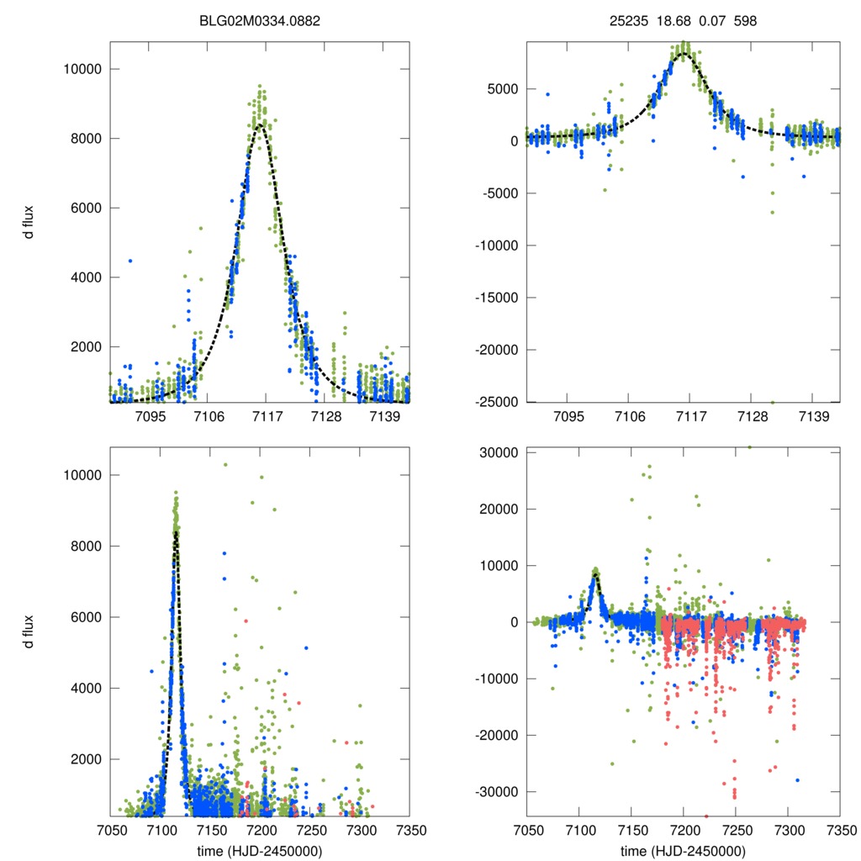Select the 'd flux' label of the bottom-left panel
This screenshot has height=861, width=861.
click(x=29, y=631)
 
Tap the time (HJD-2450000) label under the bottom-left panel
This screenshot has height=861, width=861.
click(x=259, y=851)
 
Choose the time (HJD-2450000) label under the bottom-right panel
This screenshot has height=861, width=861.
click(x=684, y=851)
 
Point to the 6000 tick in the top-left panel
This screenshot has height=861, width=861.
click(x=82, y=208)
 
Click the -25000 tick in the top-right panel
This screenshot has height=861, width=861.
click(x=496, y=402)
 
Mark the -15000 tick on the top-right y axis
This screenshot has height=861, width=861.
click(x=496, y=298)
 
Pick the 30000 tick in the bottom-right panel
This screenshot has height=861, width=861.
click(x=499, y=452)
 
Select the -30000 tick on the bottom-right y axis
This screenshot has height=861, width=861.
click(x=496, y=792)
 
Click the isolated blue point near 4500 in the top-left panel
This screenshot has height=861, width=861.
click(x=130, y=261)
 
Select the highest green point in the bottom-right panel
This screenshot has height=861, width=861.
click(x=749, y=447)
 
